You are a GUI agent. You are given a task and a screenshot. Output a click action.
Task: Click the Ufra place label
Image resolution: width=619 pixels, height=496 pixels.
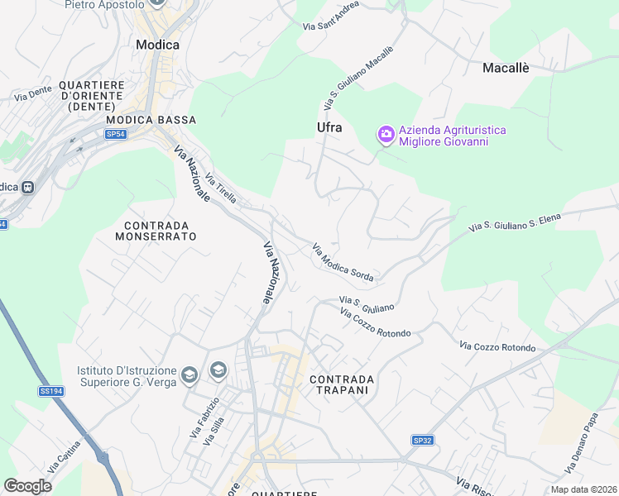[x=329, y=127]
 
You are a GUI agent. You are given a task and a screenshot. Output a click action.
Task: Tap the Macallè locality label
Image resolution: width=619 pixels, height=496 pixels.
[x=506, y=68]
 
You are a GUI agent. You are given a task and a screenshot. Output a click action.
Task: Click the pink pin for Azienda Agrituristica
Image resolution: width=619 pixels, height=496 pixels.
[x=386, y=134]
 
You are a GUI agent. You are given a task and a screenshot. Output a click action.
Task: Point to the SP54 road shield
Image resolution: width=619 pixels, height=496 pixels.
[x=115, y=133]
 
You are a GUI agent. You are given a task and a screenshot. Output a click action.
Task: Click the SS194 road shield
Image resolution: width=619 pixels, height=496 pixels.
[x=50, y=391]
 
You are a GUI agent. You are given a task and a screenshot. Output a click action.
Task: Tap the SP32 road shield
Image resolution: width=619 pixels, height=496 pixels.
[x=423, y=441]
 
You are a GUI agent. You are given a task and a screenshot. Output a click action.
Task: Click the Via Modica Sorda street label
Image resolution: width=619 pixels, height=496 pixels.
[x=343, y=262]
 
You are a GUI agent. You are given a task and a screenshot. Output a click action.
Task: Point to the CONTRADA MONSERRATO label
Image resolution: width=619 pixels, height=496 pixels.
[x=156, y=231]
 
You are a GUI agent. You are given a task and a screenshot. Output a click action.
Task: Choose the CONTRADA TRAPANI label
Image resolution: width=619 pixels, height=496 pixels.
[x=342, y=385]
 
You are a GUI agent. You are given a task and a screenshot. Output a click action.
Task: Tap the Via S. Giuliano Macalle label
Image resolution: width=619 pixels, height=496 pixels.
[x=358, y=79]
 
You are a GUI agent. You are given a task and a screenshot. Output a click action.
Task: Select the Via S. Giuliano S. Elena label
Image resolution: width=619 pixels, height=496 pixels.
[x=514, y=222]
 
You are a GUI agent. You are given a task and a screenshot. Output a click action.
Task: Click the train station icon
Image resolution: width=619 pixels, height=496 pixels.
[x=28, y=187]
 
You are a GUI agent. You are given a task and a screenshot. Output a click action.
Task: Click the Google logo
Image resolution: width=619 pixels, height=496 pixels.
[x=28, y=486]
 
